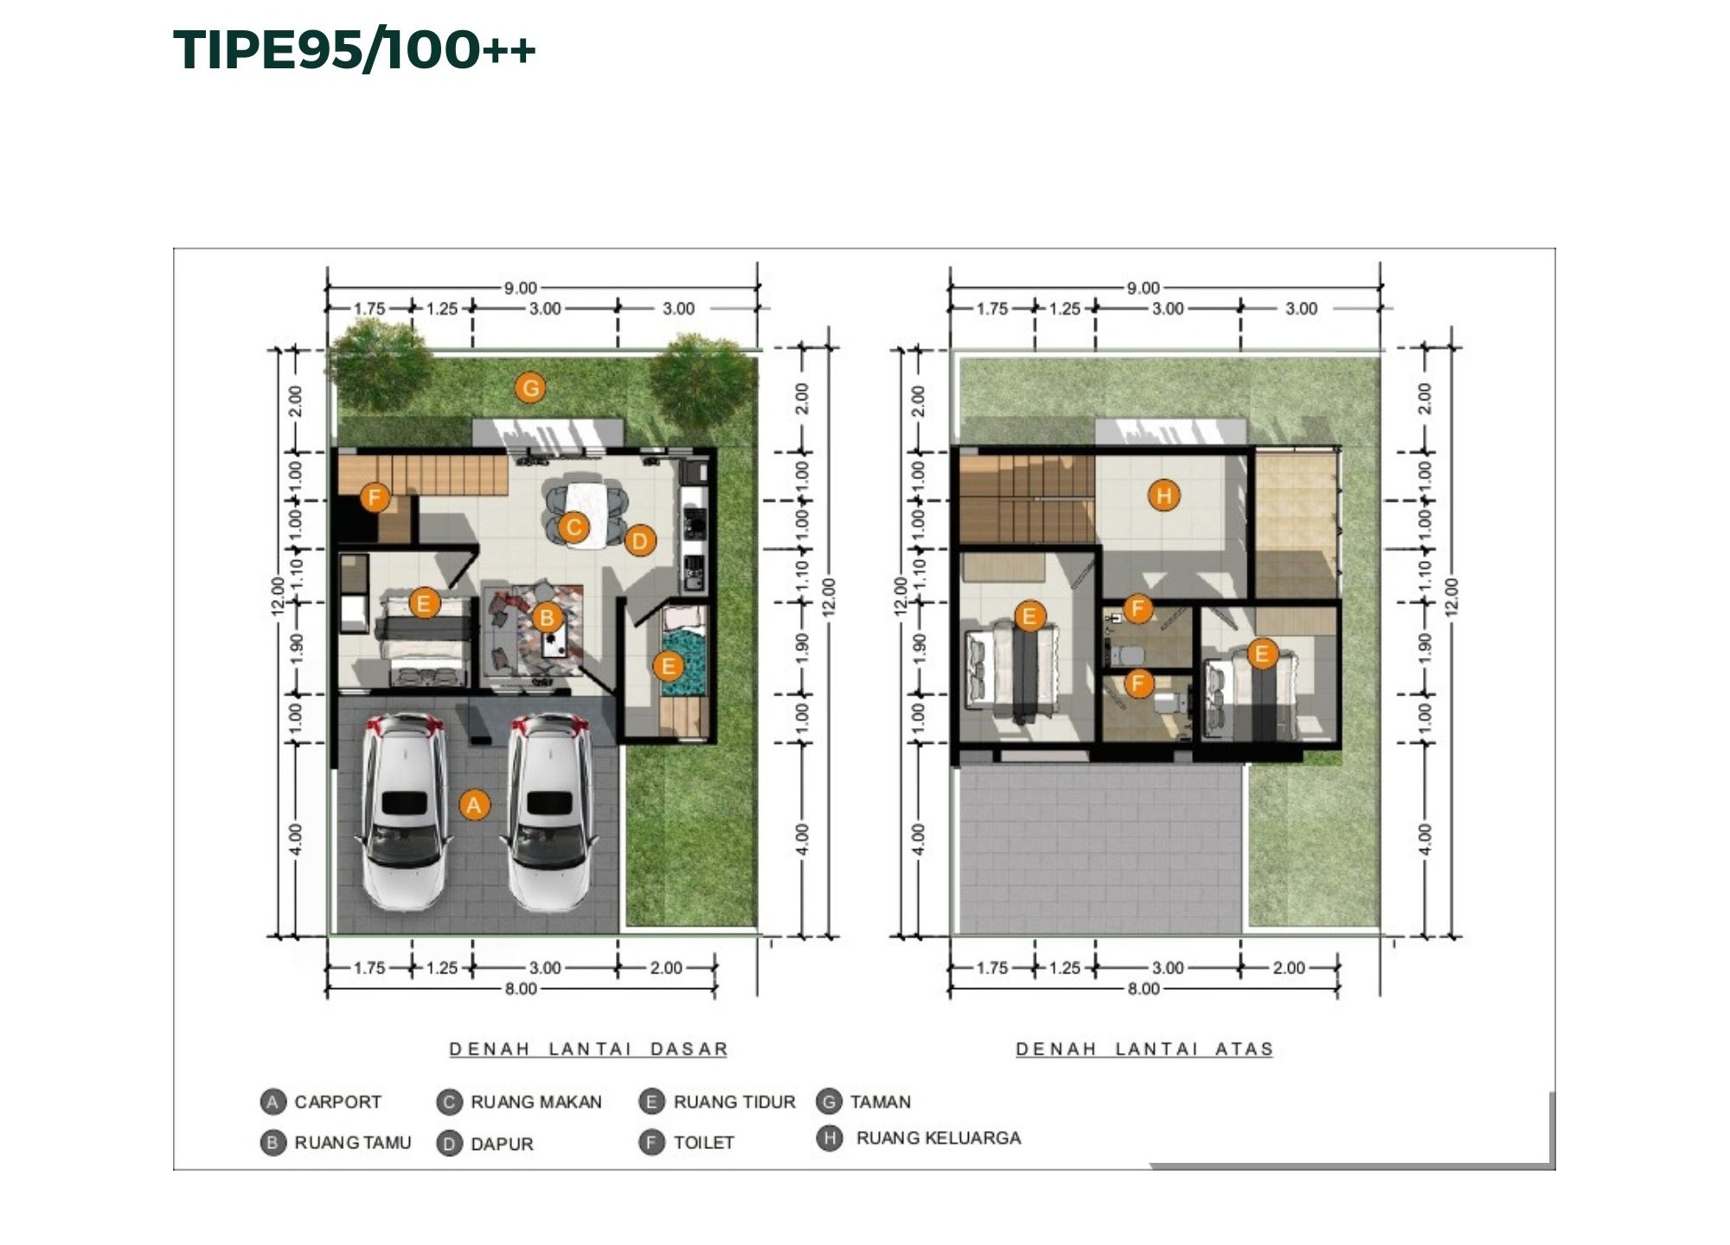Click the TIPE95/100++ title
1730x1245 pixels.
click(x=355, y=49)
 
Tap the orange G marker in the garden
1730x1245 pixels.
click(x=530, y=388)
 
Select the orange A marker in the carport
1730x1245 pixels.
click(x=474, y=805)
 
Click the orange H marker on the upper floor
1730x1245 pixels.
click(x=1163, y=495)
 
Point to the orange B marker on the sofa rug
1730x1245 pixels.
click(x=547, y=617)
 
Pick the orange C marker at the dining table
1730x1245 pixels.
click(x=573, y=527)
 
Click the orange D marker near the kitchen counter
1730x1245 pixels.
click(x=639, y=541)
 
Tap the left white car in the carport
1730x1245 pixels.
click(x=404, y=812)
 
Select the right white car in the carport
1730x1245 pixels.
click(x=549, y=812)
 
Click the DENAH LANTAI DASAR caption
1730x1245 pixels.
click(x=588, y=1049)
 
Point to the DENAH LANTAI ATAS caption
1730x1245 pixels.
click(x=1144, y=1049)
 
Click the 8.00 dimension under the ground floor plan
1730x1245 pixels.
click(x=521, y=988)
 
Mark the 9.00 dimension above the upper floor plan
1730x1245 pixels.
click(x=1143, y=287)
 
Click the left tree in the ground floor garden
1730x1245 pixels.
click(x=381, y=363)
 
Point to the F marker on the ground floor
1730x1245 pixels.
click(x=375, y=497)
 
